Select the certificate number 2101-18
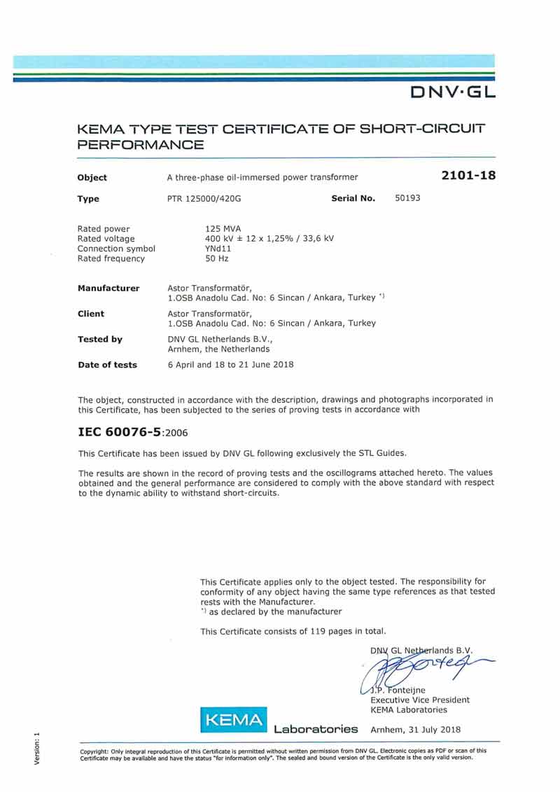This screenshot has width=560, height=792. [468, 176]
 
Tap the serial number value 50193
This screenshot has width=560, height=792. [407, 198]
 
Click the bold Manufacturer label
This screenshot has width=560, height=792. [108, 288]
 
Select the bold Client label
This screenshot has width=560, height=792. [91, 314]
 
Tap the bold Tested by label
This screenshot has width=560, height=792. [99, 339]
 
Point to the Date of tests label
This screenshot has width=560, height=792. [107, 365]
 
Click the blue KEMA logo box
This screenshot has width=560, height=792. [234, 720]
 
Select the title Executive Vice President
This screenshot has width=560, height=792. [420, 700]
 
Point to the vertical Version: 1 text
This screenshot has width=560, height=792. [37, 749]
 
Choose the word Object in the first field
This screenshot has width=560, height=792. [92, 178]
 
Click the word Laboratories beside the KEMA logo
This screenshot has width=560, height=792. [316, 730]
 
